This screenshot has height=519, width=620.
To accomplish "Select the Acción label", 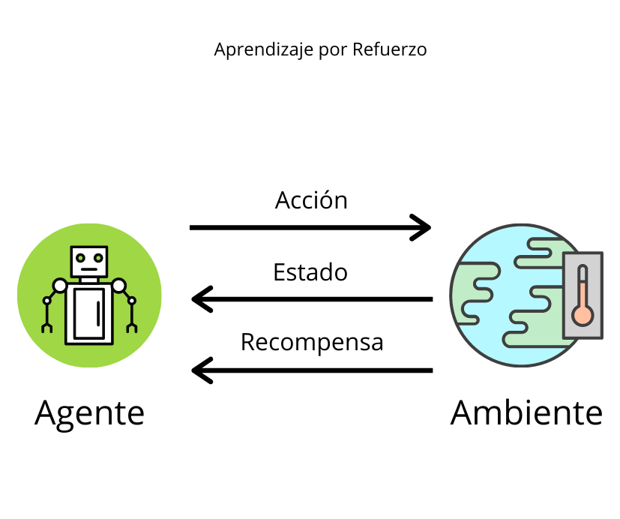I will pos(311,200).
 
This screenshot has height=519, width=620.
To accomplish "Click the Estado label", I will pos(310,271).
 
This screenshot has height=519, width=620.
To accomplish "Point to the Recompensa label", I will pos(312,342).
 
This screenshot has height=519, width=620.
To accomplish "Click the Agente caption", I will pos(89,412).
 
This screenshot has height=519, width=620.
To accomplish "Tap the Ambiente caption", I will pos(526,412).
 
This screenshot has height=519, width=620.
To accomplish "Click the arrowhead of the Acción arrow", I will pos(424,226).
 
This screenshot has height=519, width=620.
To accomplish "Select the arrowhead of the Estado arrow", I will pos(201,299).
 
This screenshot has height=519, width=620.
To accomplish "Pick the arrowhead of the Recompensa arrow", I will pos(201,370).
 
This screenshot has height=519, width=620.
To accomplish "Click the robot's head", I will pos(89,261).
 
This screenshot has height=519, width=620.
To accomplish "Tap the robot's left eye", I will pos(79,257).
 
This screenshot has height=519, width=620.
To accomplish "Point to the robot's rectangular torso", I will pos(89,313).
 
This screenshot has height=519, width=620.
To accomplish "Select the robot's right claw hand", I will pos(133,327).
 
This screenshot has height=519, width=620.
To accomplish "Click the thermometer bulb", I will pos(582,314).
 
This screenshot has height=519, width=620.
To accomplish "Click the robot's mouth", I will pos(89,268).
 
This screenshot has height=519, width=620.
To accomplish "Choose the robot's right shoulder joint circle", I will pos(118,286).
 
